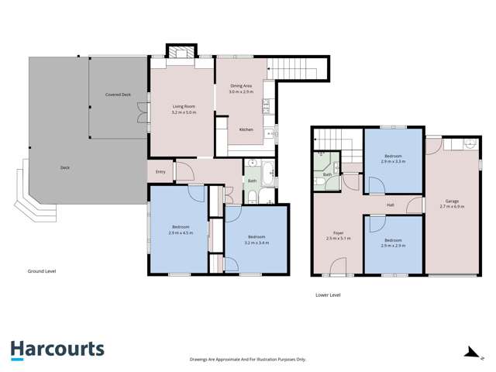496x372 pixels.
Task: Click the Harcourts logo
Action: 57,350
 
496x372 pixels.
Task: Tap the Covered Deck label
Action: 118,95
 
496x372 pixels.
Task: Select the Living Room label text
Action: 183,108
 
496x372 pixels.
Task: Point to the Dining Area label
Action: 241,86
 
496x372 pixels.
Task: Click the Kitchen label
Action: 246,129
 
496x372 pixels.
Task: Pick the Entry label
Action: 160,171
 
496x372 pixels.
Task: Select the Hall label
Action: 391,205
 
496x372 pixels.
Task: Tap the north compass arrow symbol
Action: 470,353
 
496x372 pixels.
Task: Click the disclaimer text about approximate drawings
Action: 248,360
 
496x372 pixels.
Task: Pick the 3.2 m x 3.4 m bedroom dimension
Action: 257,242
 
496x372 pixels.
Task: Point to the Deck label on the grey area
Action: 67,167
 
